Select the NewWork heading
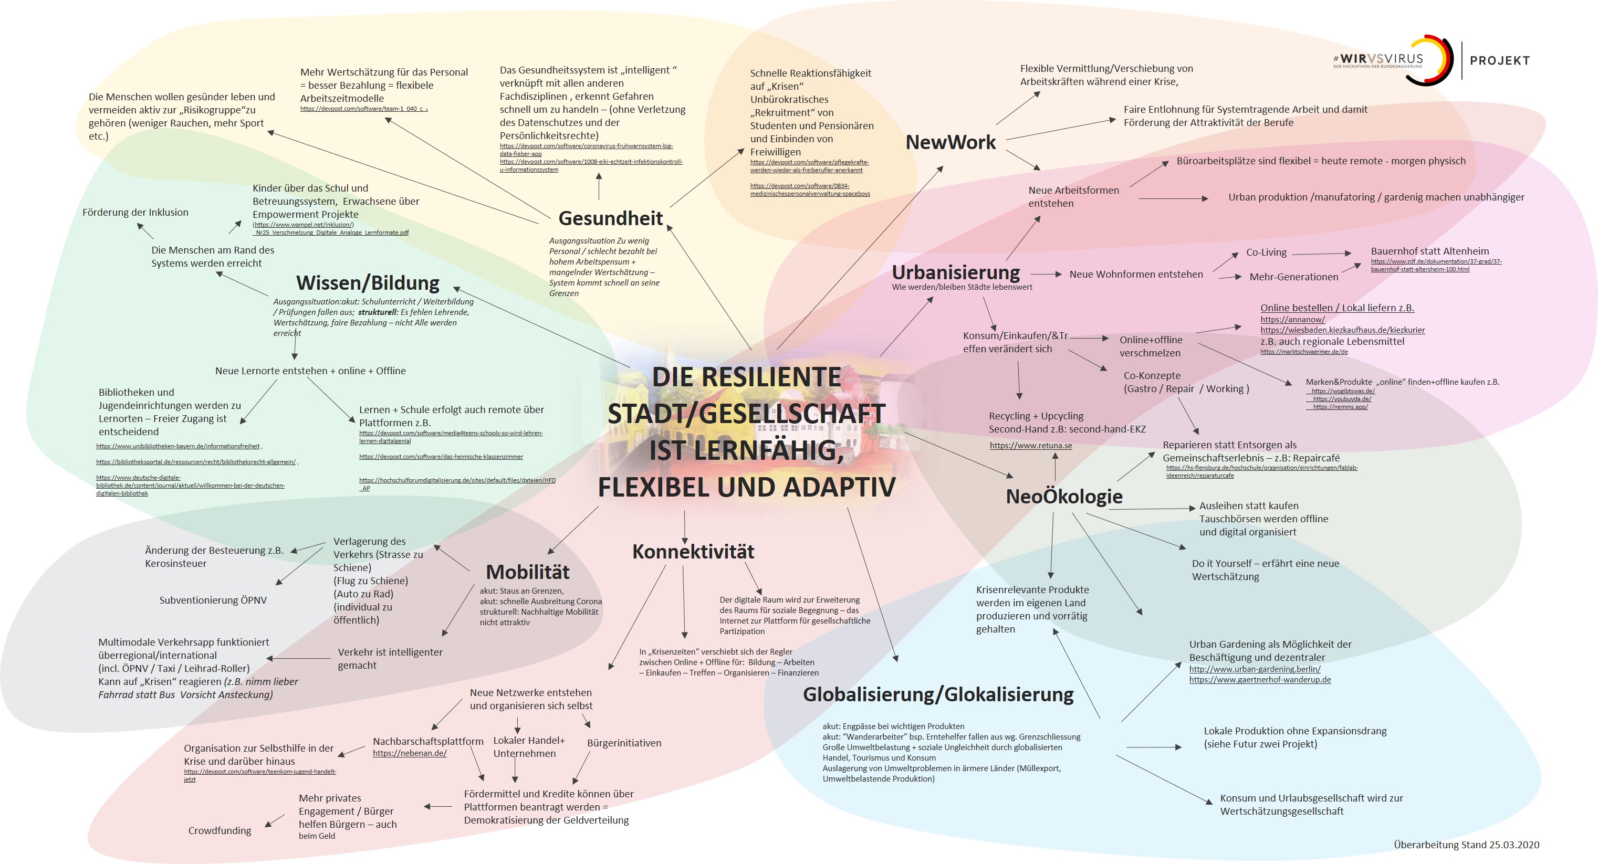[951, 143]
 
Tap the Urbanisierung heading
[955, 272]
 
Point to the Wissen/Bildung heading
[368, 283]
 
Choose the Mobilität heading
[527, 572]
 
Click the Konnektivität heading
[693, 551]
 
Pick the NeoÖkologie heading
[1064, 496]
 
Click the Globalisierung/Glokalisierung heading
[938, 694]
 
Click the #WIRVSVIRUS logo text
[1378, 59]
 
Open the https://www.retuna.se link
[1030, 445]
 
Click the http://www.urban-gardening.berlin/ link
[1255, 669]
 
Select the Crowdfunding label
[220, 831]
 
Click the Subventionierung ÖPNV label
[213, 600]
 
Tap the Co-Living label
[1266, 252]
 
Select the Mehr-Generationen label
[1293, 277]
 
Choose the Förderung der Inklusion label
[135, 213]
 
